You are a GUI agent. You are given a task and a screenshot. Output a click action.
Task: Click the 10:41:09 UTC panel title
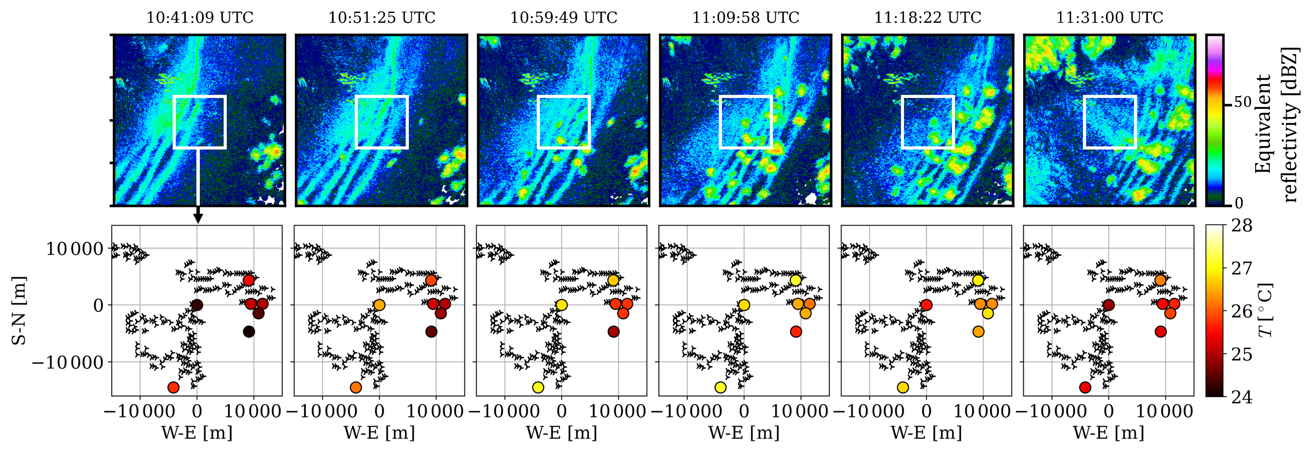click(x=199, y=17)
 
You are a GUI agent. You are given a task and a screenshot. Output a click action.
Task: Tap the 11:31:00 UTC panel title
click(x=1110, y=17)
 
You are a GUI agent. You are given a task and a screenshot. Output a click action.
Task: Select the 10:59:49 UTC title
click(x=564, y=17)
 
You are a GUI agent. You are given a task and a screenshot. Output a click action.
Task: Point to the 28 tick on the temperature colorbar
click(x=1242, y=226)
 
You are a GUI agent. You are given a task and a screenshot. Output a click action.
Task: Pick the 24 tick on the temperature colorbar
click(x=1242, y=397)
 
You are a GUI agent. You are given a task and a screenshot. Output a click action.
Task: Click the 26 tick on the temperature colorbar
click(x=1242, y=311)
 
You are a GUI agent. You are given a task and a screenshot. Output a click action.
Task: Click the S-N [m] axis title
click(x=19, y=310)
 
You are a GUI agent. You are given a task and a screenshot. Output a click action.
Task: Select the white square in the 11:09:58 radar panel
click(x=746, y=96)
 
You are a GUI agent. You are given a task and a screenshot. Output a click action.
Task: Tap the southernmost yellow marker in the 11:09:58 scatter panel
click(x=720, y=387)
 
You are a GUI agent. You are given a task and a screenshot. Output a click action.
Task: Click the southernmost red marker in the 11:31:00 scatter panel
click(x=1085, y=387)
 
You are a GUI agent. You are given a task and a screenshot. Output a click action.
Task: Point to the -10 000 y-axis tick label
click(x=67, y=362)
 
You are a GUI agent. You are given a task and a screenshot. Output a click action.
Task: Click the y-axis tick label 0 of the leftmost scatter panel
click(x=98, y=306)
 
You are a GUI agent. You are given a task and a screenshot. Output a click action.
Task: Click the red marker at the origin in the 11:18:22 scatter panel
click(x=926, y=305)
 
